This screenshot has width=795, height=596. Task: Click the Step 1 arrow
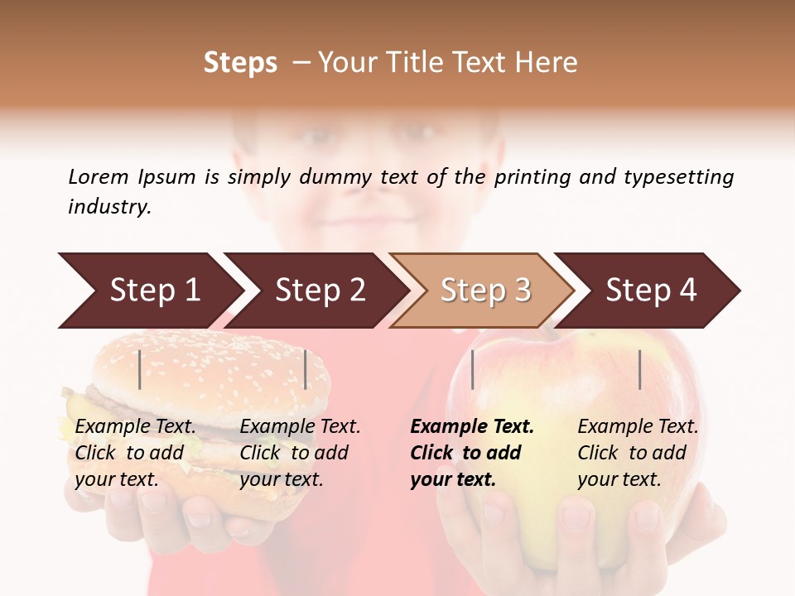149,291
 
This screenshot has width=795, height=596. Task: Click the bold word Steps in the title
240,63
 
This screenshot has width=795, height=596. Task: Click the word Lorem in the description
99,177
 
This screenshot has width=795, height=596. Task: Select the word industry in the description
108,207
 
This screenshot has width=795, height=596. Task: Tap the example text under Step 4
638,453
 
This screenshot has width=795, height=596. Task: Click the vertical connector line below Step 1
140,370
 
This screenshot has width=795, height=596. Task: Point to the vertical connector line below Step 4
639,370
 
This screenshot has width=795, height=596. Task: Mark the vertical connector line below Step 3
472,370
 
